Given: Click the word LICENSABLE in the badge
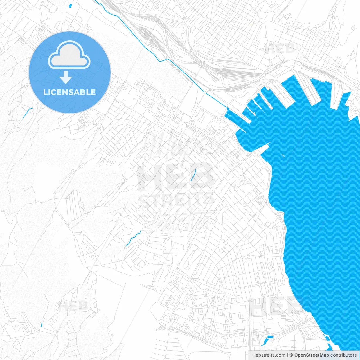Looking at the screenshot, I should click(69, 92).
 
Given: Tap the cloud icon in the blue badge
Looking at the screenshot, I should click(69, 55).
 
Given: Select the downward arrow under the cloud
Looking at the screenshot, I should click(66, 77).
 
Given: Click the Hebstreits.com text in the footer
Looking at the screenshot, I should click(269, 355).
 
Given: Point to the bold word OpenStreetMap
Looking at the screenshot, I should click(311, 355).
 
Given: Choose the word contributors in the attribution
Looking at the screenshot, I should click(343, 355).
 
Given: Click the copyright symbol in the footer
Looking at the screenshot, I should click(291, 355).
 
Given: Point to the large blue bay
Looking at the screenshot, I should click(315, 197).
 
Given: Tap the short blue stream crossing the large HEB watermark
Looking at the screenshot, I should click(193, 175).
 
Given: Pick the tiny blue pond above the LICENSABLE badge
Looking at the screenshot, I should click(70, 5).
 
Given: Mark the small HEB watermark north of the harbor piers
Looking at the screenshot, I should click(280, 49).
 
